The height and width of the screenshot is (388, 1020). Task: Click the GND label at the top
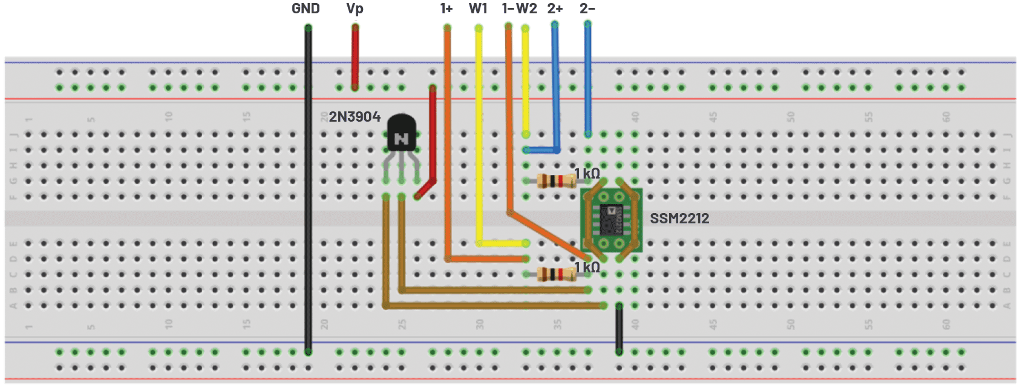point(306,8)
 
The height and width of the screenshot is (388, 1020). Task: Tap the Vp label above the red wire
point(355,8)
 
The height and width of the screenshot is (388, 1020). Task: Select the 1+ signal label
point(446,8)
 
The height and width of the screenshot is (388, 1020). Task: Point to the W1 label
point(478,8)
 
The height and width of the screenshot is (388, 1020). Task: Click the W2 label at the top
point(527,8)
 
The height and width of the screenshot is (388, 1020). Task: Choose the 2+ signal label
point(555,8)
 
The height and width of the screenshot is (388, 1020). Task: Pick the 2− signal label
point(587,8)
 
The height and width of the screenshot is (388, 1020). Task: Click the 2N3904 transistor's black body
point(402,133)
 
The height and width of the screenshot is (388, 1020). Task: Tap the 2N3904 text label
point(355,116)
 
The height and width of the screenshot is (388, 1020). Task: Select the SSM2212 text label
point(679,219)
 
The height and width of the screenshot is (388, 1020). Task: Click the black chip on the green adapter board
point(610,219)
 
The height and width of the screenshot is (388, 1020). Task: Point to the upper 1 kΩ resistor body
point(557,180)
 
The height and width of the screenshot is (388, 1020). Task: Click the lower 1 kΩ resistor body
point(557,275)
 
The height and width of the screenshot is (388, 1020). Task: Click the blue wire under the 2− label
point(587,79)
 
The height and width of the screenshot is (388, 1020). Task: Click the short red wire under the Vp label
point(355,58)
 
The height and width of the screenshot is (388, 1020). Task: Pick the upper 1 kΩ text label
point(587,174)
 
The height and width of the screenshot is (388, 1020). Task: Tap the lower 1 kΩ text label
point(587,267)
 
